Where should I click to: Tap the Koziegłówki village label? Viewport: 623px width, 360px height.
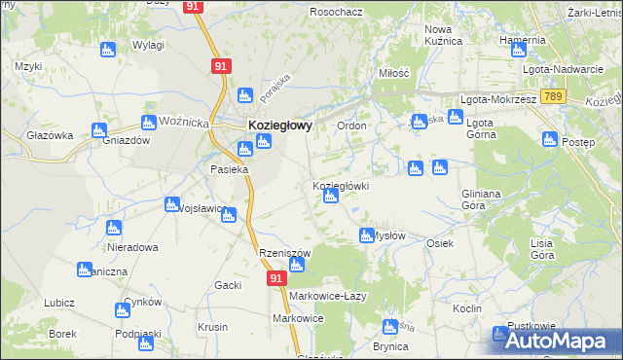340,186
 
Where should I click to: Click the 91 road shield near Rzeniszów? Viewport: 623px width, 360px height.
276,279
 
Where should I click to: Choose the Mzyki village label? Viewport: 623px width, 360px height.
27,66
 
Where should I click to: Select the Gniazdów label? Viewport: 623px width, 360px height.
125,140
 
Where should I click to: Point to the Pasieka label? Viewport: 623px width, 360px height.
230,169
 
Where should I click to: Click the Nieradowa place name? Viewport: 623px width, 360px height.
131,247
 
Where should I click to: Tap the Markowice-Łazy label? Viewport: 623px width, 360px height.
327,296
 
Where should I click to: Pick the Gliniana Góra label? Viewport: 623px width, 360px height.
487,199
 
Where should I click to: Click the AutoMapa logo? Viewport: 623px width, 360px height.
555,341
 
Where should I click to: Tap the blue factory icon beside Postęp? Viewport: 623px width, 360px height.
550,138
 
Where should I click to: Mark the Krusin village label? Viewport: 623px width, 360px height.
213,327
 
